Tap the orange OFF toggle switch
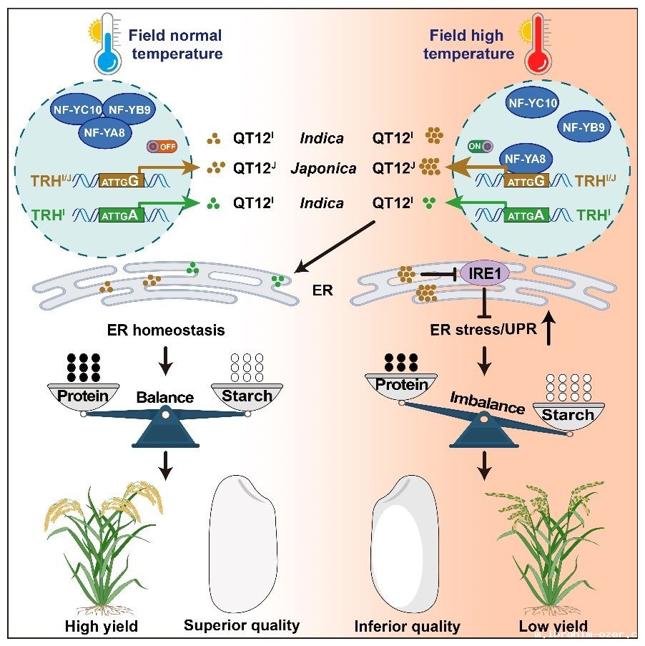[x=163, y=147]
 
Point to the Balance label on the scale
[x=165, y=397]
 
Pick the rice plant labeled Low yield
[x=539, y=547]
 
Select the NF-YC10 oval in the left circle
[x=76, y=109]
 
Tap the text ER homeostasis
[x=165, y=330]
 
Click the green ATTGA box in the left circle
[x=126, y=214]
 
